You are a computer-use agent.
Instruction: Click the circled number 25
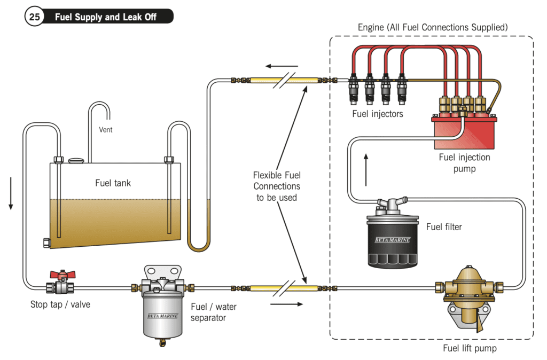(35, 17)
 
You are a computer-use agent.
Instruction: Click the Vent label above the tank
(106, 130)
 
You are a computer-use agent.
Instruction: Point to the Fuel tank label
(113, 183)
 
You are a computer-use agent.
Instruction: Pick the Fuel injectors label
(378, 113)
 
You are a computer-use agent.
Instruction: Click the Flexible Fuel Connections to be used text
(277, 186)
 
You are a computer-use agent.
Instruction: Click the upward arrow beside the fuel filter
(366, 169)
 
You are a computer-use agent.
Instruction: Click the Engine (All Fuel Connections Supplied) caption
(432, 27)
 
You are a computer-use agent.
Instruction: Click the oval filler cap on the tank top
(76, 160)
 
